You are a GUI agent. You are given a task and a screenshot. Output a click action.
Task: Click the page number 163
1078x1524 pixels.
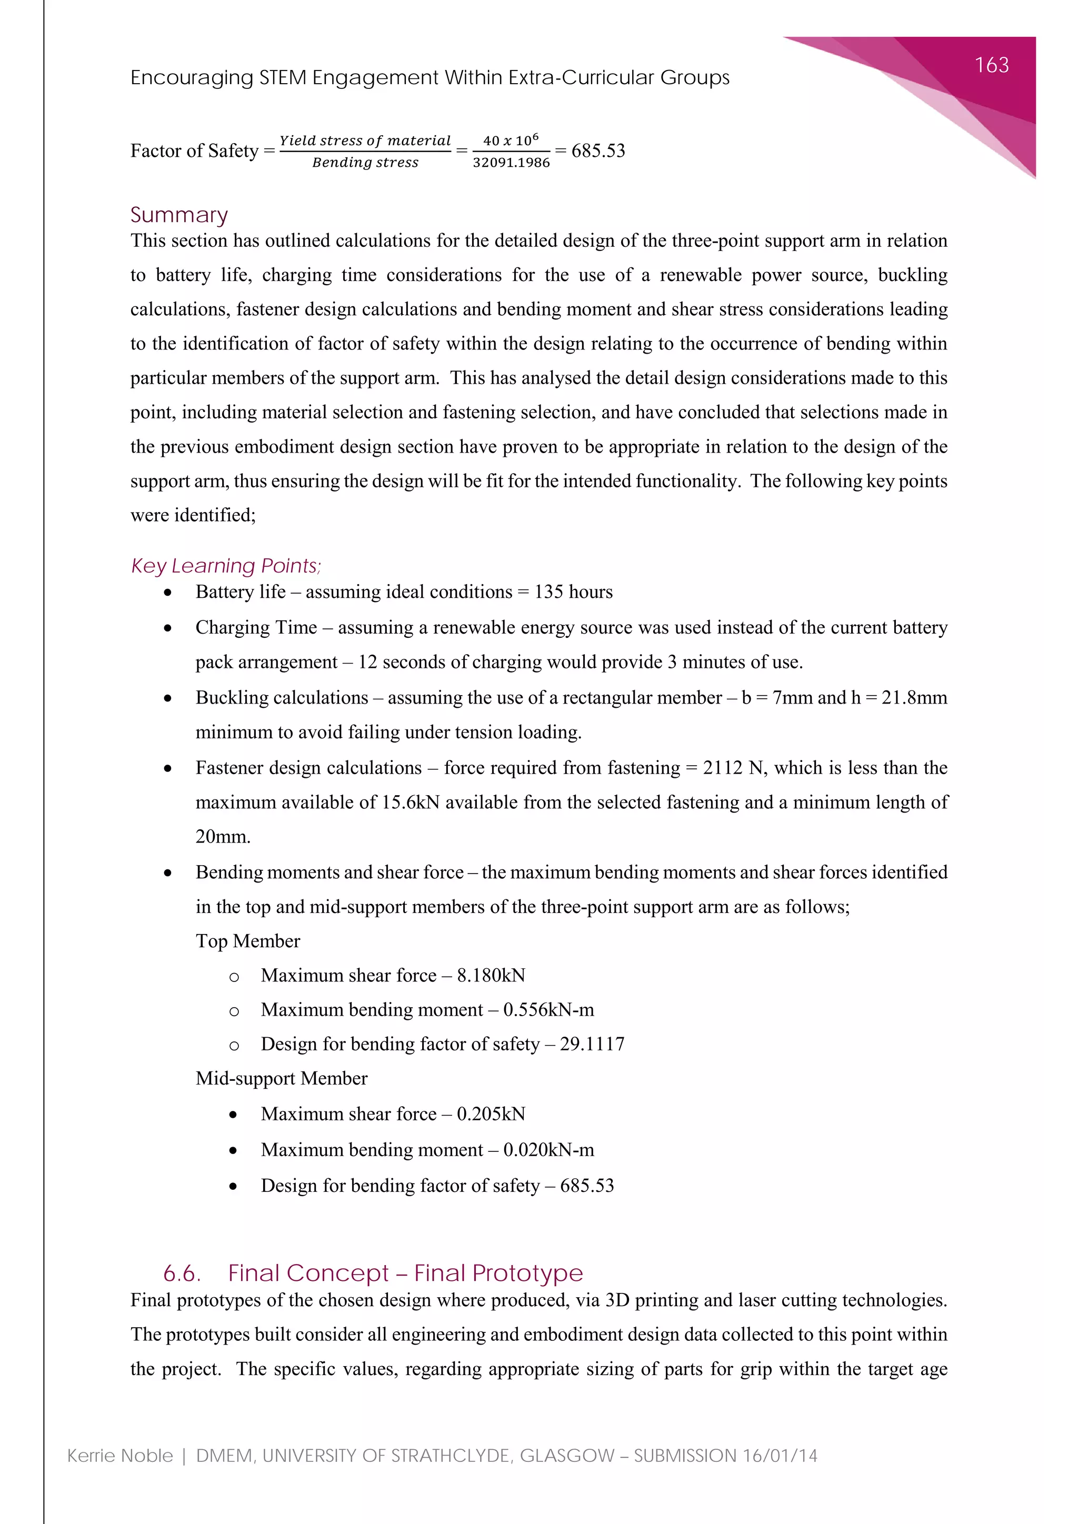[991, 65]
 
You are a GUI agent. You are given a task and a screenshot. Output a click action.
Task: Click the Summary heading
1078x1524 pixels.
[179, 215]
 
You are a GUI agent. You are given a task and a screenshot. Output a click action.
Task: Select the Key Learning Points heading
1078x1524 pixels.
[226, 566]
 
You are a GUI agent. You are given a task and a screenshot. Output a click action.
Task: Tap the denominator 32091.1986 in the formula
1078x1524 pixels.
[511, 163]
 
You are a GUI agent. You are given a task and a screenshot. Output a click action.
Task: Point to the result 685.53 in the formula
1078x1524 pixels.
[598, 151]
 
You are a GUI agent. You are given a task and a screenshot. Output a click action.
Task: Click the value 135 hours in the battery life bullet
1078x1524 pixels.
[574, 591]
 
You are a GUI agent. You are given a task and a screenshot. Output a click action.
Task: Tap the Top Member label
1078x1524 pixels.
[247, 941]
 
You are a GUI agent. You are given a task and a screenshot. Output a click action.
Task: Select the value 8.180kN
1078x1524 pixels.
[491, 975]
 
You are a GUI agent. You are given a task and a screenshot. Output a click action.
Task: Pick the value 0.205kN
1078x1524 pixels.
[491, 1114]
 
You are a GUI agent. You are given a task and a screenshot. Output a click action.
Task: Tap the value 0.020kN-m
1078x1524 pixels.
[548, 1150]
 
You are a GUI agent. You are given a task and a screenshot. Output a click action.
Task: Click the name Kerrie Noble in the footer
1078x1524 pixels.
[119, 1456]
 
